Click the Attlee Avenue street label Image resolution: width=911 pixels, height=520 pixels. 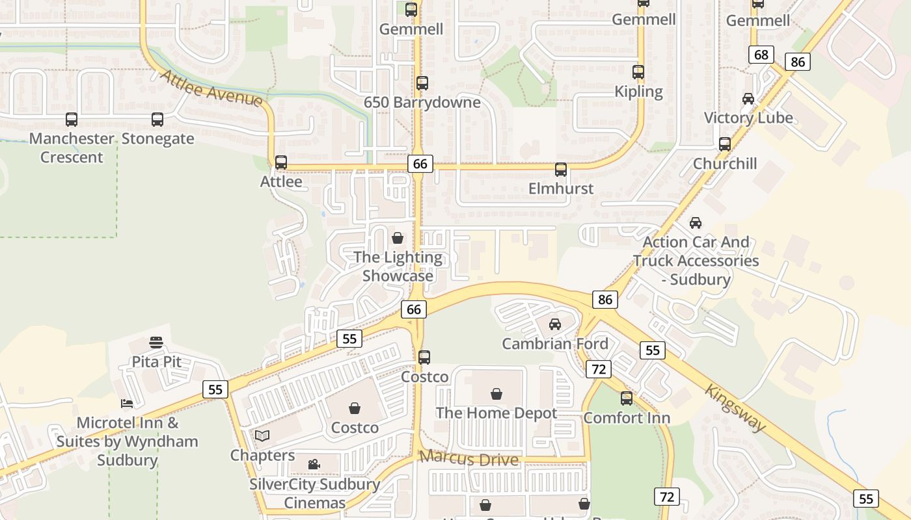[211, 88]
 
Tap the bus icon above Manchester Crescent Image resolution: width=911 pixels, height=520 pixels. [72, 120]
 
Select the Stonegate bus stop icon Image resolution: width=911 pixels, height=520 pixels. [157, 120]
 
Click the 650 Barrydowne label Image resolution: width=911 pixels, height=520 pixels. [422, 103]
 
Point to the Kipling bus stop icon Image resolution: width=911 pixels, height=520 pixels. [638, 72]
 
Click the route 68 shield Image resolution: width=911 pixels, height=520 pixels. [761, 55]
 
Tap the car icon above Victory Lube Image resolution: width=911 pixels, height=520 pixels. [748, 99]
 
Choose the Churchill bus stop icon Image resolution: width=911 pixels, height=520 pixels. [725, 144]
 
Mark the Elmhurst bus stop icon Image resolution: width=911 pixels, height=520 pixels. [561, 170]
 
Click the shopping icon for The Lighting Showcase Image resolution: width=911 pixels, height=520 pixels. [398, 238]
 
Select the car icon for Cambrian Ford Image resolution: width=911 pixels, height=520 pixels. [555, 324]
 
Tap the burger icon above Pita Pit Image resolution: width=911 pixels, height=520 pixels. [156, 342]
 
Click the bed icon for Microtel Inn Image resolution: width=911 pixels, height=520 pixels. [127, 404]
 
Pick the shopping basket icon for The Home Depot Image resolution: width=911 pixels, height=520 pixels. [496, 393]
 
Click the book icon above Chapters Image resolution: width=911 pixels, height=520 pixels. [262, 435]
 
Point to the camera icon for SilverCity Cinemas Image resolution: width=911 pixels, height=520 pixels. [314, 464]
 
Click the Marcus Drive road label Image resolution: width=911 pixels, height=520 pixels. [469, 458]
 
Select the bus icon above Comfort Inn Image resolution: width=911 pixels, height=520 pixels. [627, 398]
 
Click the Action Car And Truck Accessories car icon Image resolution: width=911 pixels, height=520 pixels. [696, 223]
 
